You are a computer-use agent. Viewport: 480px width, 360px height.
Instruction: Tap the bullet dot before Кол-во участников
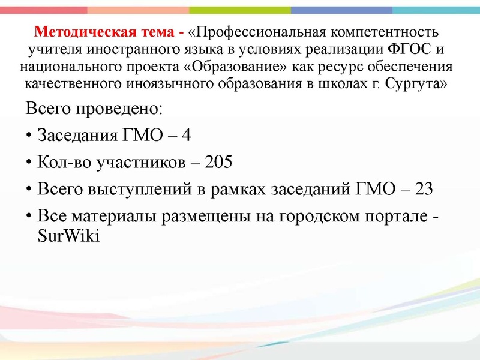[x=29, y=163]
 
